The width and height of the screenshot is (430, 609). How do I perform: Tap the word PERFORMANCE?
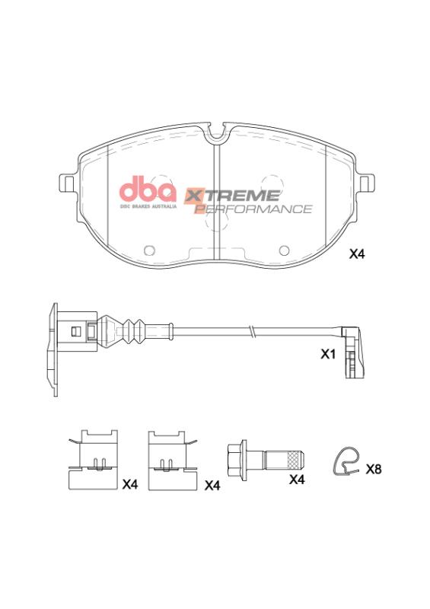[x=254, y=209]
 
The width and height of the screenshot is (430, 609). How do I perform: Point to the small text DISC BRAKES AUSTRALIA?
[x=148, y=206]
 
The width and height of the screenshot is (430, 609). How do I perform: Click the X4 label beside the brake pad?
[x=357, y=255]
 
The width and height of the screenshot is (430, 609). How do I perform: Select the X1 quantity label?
[x=328, y=355]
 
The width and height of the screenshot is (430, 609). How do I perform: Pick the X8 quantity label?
[x=373, y=469]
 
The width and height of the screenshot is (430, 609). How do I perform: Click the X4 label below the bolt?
[x=297, y=480]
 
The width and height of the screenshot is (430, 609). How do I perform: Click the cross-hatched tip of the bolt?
[x=292, y=460]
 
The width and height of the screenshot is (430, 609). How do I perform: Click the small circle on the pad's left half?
[x=149, y=250]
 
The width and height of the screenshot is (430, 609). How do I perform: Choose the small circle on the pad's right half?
[x=285, y=250]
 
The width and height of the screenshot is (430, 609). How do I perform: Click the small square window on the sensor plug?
[x=74, y=330]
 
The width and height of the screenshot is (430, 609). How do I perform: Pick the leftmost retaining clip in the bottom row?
[x=94, y=459]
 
